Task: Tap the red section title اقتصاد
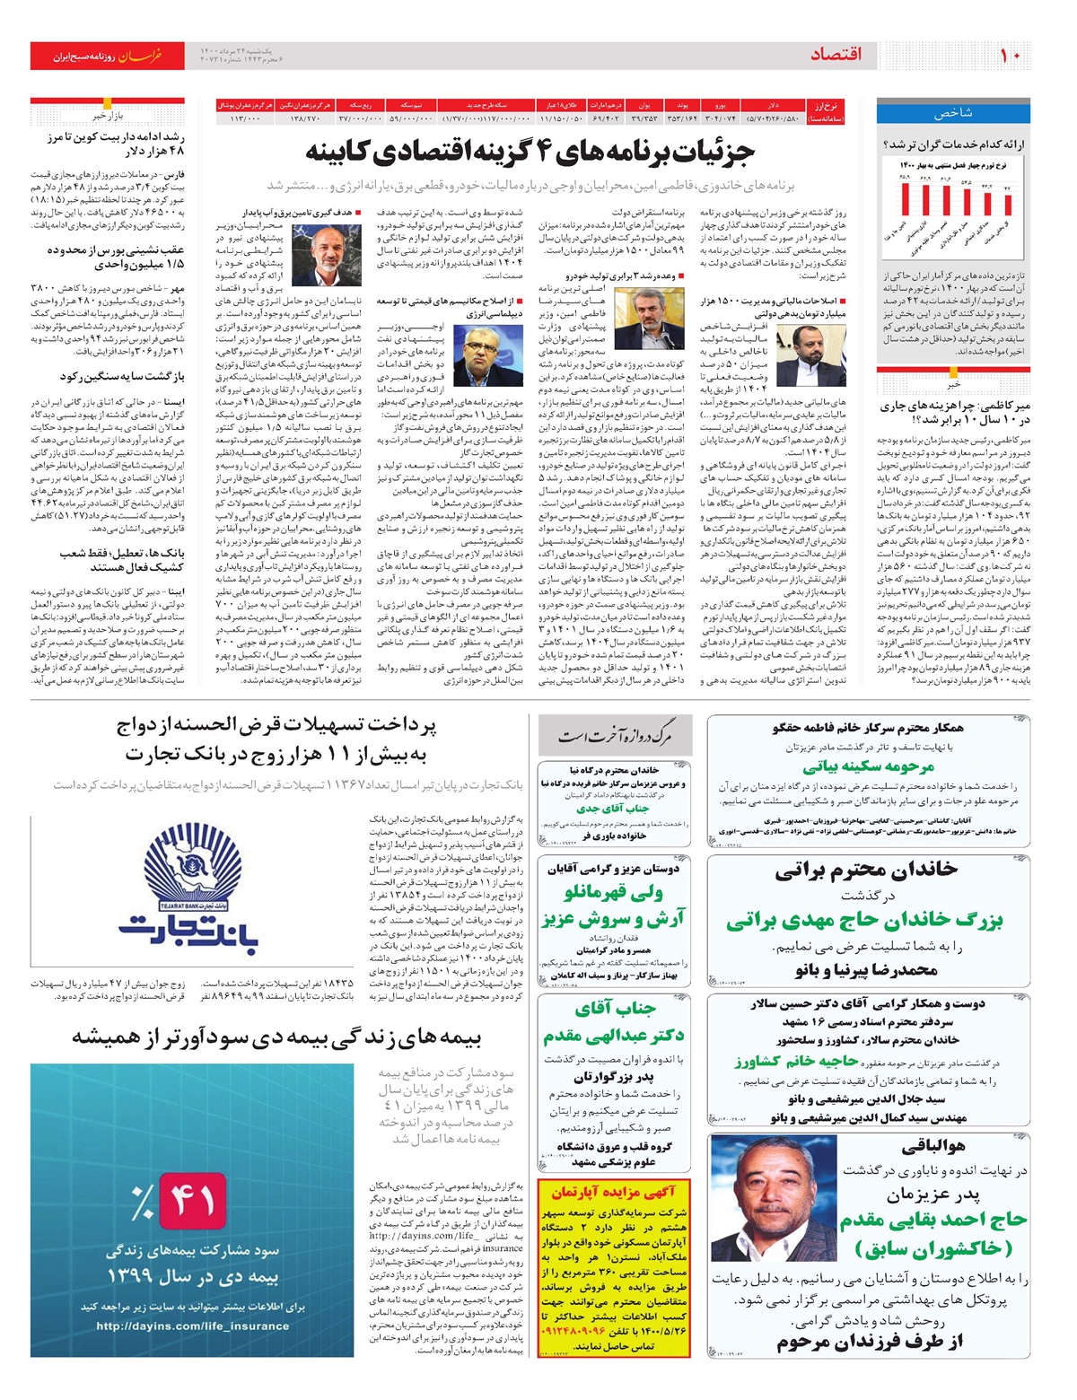coord(836,56)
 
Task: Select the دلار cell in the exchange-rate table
coord(774,105)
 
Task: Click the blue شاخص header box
coord(953,113)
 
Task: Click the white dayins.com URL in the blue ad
coord(192,1326)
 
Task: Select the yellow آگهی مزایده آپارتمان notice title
coord(613,1191)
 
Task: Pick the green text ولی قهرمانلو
coord(614,892)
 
